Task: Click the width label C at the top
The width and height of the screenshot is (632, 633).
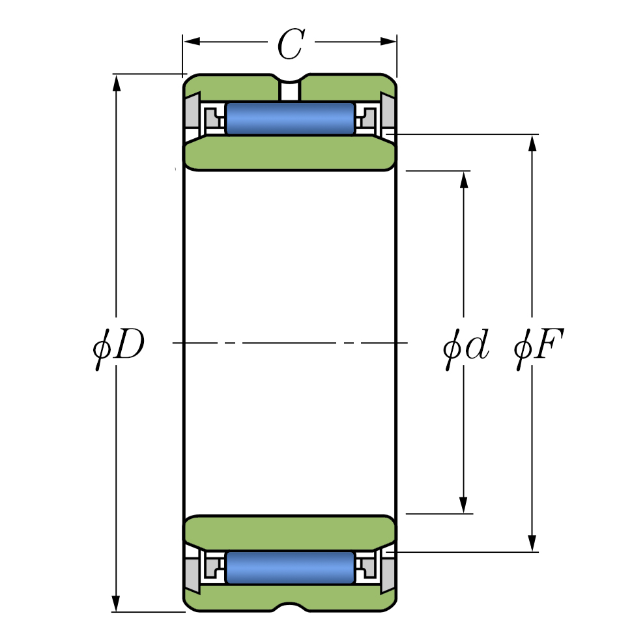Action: [x=290, y=44]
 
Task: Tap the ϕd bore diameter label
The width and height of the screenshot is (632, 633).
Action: [x=465, y=347]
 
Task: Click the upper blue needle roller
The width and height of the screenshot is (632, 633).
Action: [x=290, y=118]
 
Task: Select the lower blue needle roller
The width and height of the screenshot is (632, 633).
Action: [x=290, y=567]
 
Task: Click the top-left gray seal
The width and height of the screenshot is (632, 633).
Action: [x=192, y=111]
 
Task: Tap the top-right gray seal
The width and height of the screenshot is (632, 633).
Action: [x=388, y=111]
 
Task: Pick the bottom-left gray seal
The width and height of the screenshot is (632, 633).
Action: [x=192, y=574]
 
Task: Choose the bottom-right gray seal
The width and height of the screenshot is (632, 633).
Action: [x=388, y=574]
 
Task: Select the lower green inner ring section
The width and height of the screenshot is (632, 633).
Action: [x=290, y=531]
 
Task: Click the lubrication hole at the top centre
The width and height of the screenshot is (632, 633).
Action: [x=290, y=90]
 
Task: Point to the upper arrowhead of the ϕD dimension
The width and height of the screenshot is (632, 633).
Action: [x=117, y=82]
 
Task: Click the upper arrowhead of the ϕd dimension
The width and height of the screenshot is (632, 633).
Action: [x=464, y=179]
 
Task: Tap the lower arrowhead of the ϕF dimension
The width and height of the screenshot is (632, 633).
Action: [x=532, y=543]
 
